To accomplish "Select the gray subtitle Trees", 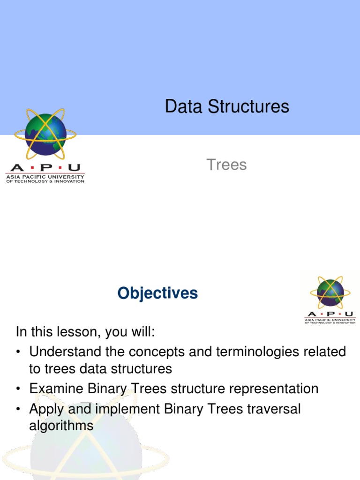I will [x=226, y=165].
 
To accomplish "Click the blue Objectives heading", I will [x=157, y=293].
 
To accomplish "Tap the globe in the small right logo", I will [x=330, y=292].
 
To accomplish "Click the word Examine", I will [x=54, y=389].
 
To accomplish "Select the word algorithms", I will [x=61, y=426].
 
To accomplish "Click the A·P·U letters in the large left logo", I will [x=45, y=168].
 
